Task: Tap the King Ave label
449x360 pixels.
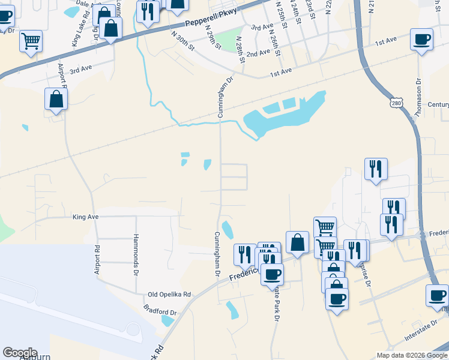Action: click(x=85, y=216)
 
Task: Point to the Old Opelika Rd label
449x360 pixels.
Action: click(x=169, y=295)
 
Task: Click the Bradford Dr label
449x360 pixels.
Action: click(x=160, y=313)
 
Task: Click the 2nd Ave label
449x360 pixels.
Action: click(x=258, y=53)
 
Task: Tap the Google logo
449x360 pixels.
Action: click(x=20, y=353)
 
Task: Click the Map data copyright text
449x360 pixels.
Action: click(x=411, y=355)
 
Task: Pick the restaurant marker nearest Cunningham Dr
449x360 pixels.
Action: click(x=244, y=254)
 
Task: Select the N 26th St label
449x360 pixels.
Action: click(x=277, y=45)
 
